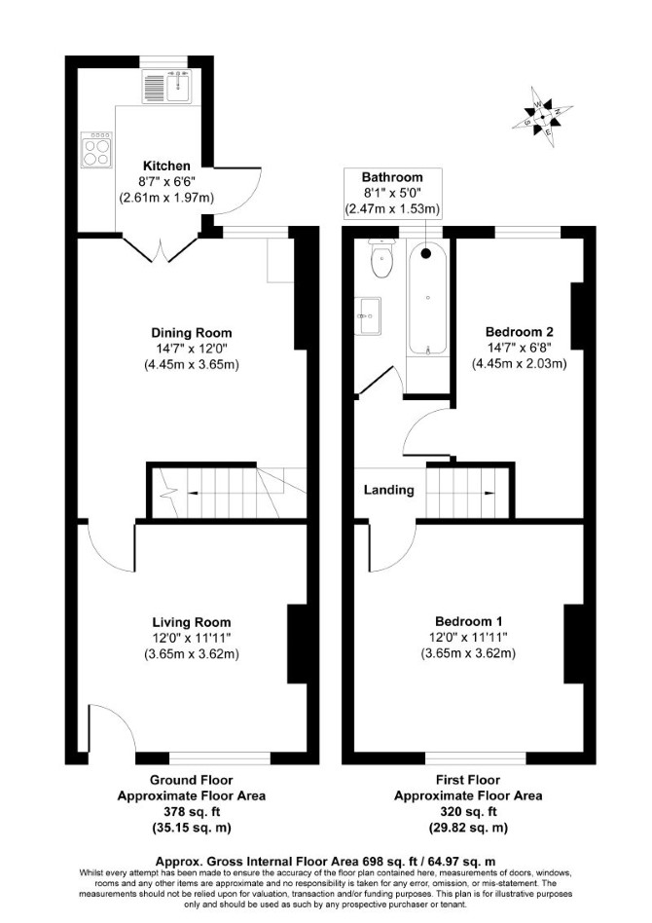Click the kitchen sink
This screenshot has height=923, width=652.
[166, 86]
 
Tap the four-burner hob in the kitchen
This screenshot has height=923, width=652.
[96, 150]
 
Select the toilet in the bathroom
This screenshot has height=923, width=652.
[381, 258]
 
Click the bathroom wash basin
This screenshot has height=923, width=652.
[368, 315]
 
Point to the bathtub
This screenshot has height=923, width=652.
[427, 299]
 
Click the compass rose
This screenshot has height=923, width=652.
[542, 117]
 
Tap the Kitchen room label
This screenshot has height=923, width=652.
[166, 166]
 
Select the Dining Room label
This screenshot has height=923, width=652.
[192, 333]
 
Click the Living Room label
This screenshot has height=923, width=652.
[192, 622]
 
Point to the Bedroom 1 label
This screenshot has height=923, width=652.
[468, 621]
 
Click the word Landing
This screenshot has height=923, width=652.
[389, 490]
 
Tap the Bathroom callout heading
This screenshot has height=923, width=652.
[392, 177]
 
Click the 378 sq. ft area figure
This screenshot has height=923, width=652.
[192, 812]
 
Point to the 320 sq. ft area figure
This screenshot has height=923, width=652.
[468, 812]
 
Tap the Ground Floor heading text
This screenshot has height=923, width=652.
[192, 780]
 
